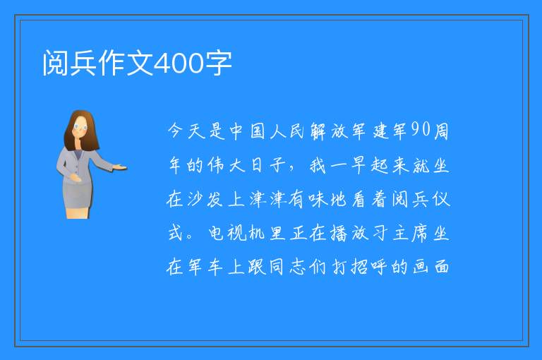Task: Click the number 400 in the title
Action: pyautogui.click(x=179, y=64)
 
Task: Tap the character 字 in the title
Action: pyautogui.click(x=219, y=64)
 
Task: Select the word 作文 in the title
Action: pyautogui.click(x=125, y=64)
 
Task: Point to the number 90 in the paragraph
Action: pyautogui.click(x=421, y=130)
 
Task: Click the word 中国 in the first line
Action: pyautogui.click(x=248, y=131)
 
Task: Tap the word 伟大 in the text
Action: pyautogui.click(x=227, y=165)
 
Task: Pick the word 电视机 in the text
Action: pyautogui.click(x=236, y=233)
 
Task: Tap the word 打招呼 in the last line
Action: pyautogui.click(x=359, y=267)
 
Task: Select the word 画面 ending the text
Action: pyautogui.click(x=431, y=267)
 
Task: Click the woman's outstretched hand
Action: pyautogui.click(x=120, y=168)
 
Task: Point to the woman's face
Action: pyautogui.click(x=80, y=126)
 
